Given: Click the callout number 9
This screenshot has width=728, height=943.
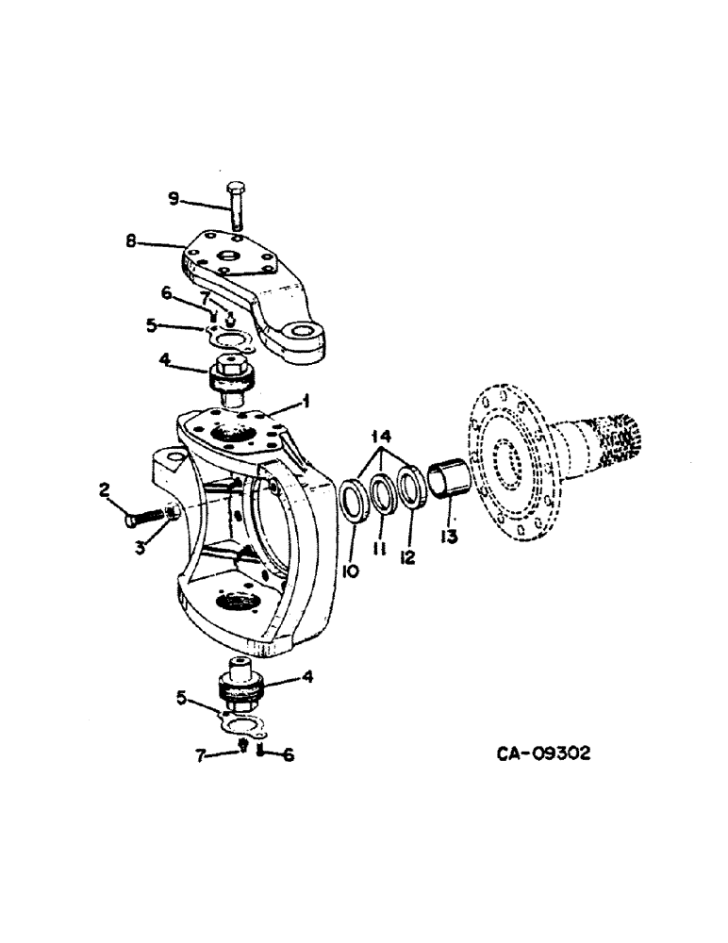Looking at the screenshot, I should pos(173,199).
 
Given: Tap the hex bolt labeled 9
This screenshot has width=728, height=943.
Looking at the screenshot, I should pos(235,204).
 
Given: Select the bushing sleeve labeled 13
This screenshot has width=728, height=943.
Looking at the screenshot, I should pos(447,479).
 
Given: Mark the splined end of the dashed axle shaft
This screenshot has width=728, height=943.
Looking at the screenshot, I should pos(612,440).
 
